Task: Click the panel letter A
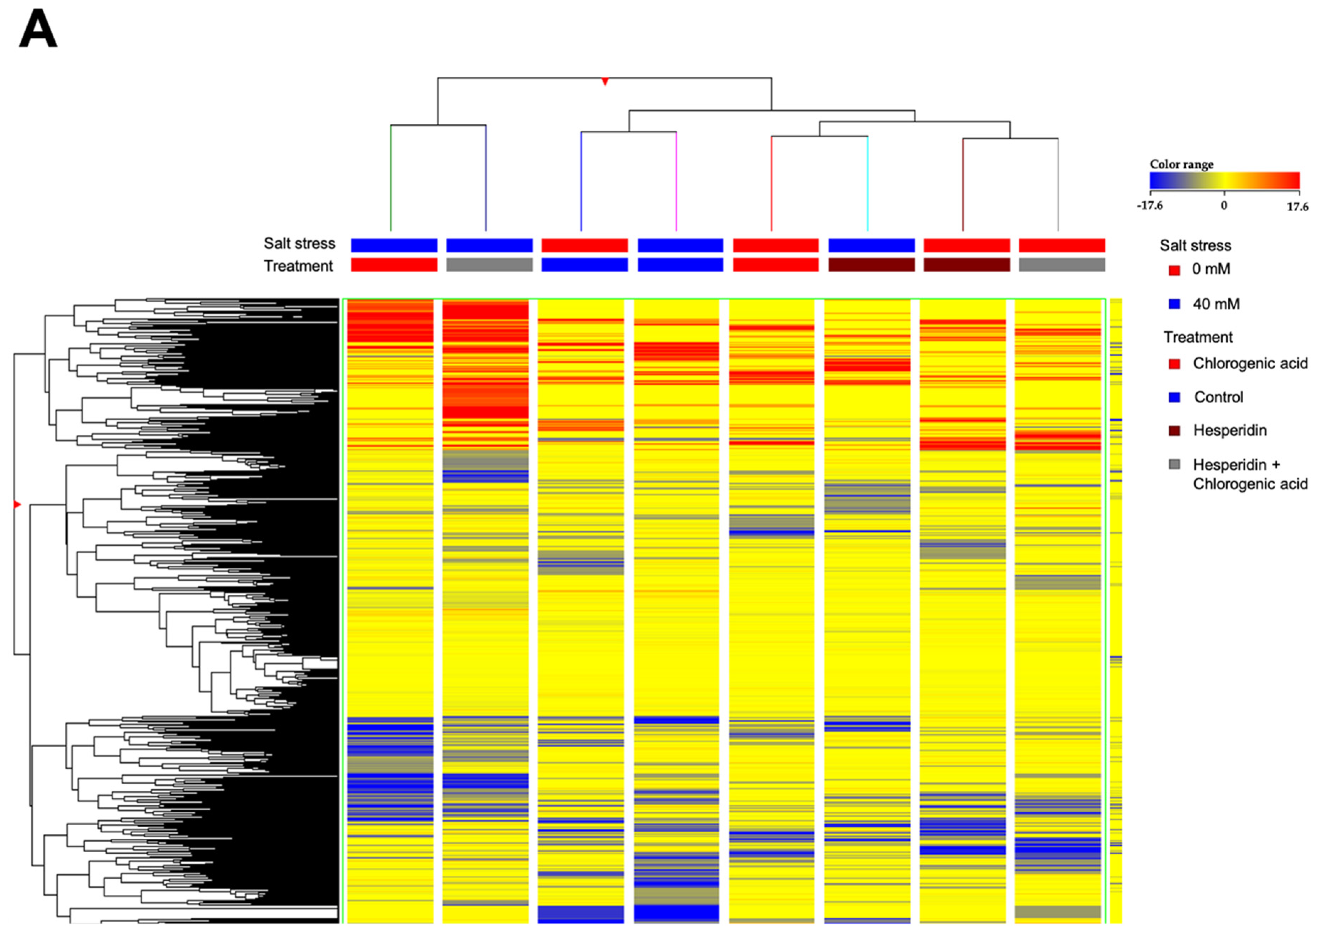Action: (x=38, y=30)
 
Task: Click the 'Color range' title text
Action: (x=1181, y=165)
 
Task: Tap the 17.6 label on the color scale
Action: (x=1297, y=207)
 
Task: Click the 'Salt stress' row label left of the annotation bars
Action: (x=299, y=244)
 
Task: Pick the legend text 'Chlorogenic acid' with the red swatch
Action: (x=1250, y=363)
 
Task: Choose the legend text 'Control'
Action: (x=1218, y=397)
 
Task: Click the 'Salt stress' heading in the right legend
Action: (x=1195, y=246)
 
